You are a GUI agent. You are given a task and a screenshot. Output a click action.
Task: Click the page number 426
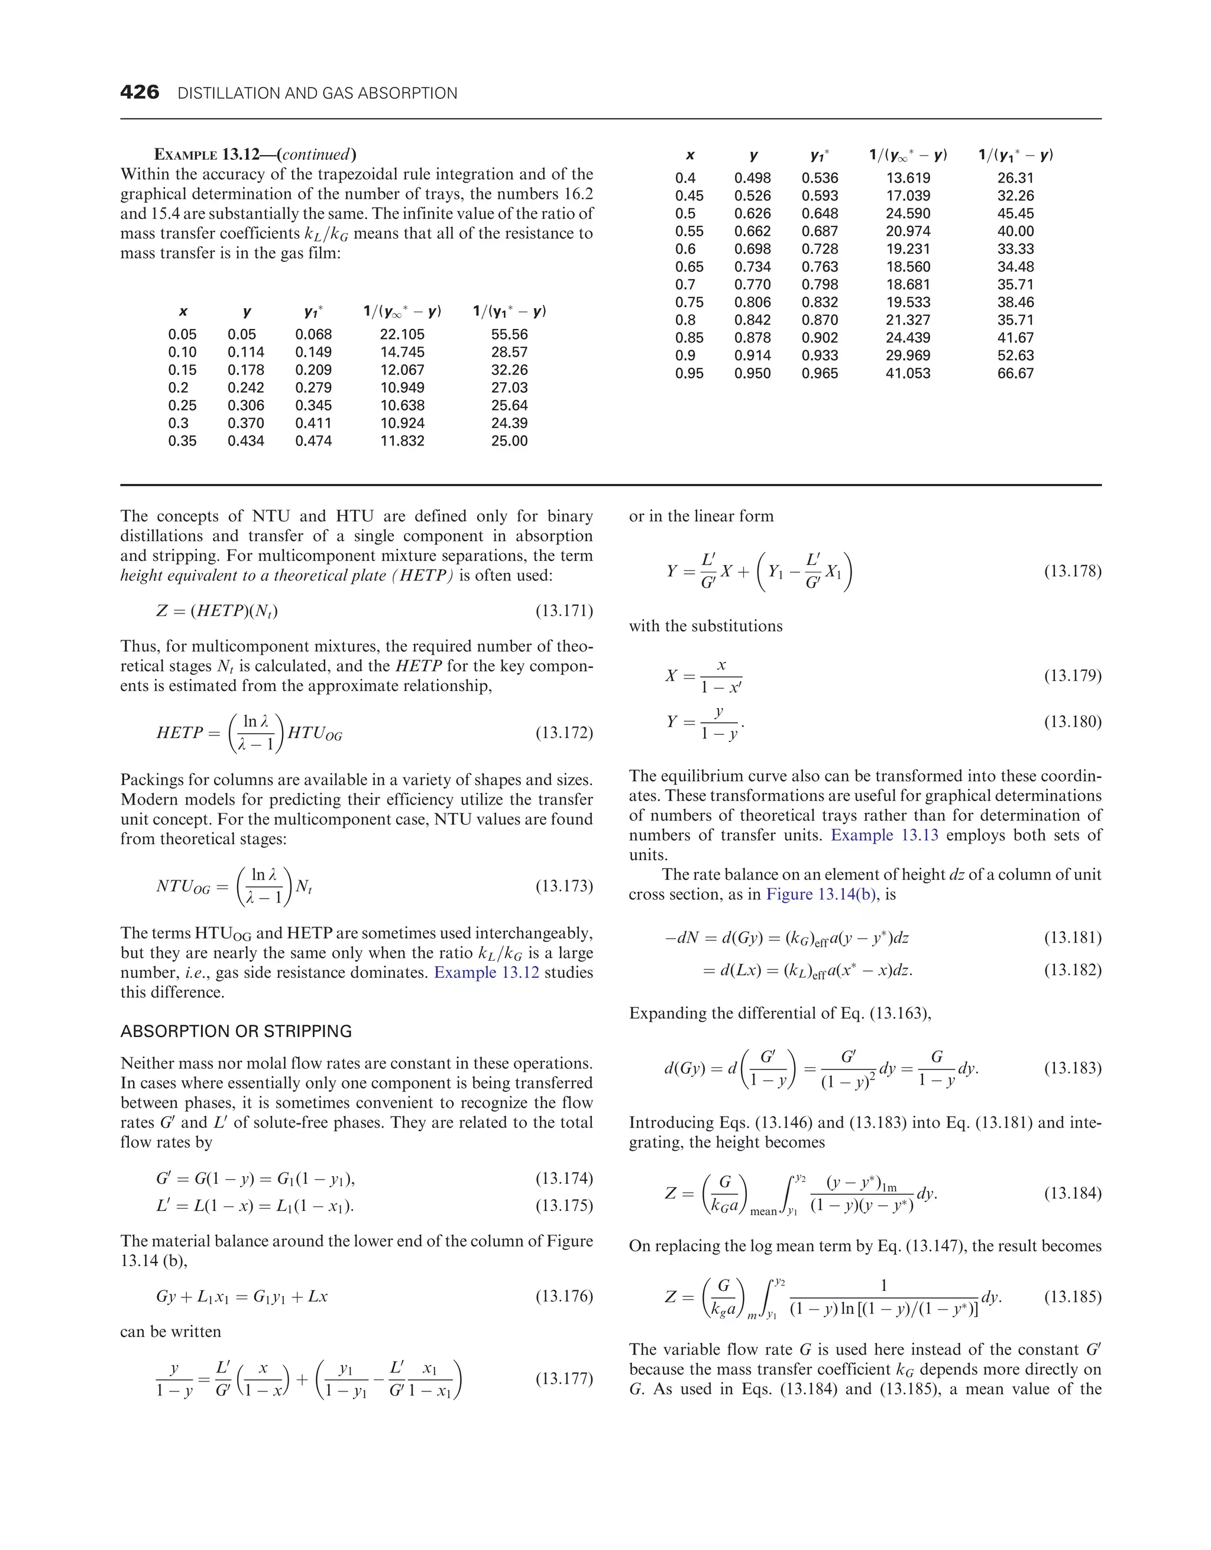click(140, 92)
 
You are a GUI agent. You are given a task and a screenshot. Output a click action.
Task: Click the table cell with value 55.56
click(509, 334)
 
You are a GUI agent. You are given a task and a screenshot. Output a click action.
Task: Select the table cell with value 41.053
click(908, 373)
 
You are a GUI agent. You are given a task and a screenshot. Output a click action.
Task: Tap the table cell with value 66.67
click(1015, 373)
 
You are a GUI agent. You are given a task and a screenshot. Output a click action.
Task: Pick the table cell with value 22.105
click(401, 334)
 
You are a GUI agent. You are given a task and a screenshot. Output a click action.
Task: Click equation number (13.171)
click(564, 611)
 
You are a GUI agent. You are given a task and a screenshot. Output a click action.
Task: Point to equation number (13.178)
click(1072, 571)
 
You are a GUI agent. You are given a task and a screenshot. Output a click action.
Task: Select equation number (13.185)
click(1072, 1297)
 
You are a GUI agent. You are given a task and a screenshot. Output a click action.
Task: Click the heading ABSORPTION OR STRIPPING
click(235, 1031)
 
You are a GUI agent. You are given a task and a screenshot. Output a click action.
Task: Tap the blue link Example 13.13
click(884, 835)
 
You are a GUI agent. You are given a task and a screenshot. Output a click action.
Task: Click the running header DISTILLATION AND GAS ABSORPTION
click(317, 93)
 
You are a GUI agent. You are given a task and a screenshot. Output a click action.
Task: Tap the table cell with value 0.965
click(820, 373)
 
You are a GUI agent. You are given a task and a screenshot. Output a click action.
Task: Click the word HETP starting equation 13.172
click(180, 733)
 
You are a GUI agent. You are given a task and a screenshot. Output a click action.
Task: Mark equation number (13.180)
click(1072, 722)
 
